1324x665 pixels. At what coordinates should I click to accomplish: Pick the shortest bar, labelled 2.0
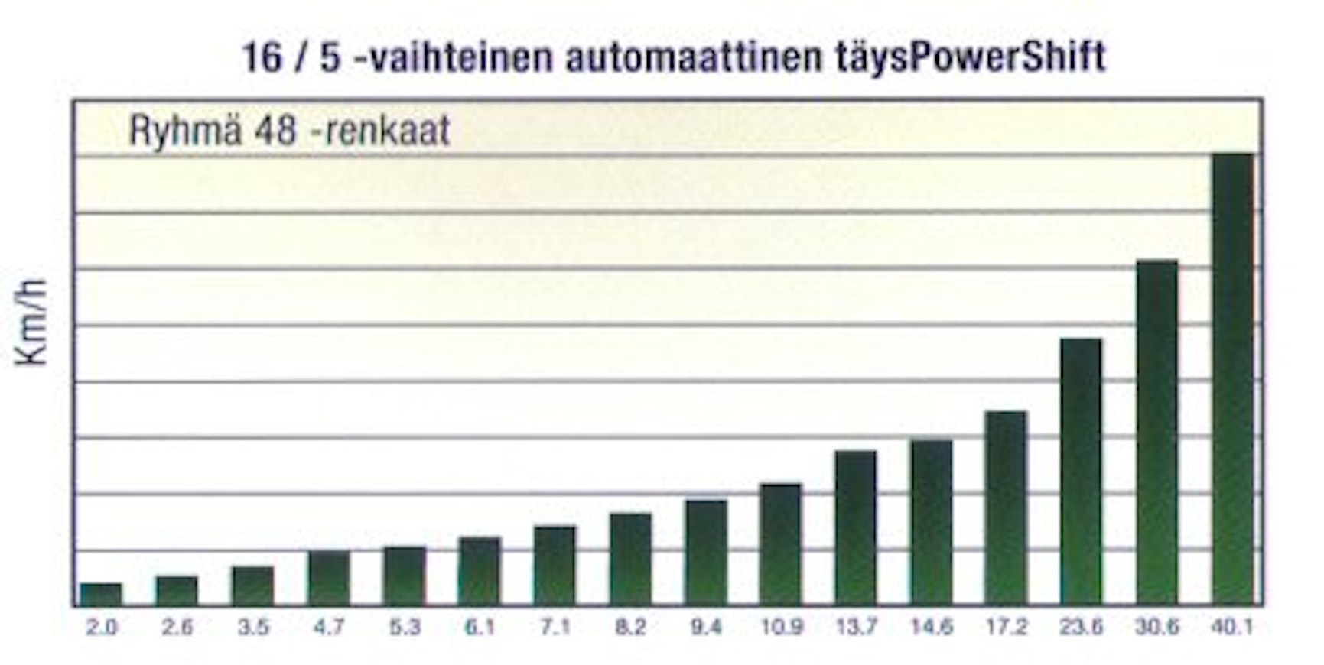(x=101, y=594)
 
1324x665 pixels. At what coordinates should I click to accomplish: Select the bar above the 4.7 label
(x=329, y=577)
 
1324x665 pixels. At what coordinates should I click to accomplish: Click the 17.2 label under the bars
(x=1006, y=628)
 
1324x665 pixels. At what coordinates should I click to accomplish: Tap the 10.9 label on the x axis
(x=781, y=628)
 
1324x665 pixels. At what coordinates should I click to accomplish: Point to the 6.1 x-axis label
(x=480, y=628)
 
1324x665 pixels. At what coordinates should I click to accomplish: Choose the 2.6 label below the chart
(x=177, y=628)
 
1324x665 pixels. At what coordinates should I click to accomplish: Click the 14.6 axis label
(x=931, y=628)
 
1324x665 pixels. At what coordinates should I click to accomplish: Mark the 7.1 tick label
(x=555, y=628)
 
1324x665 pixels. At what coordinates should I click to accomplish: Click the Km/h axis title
(x=31, y=322)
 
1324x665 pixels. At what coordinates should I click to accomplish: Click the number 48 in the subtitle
(x=275, y=130)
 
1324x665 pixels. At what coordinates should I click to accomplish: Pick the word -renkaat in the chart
(x=386, y=131)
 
